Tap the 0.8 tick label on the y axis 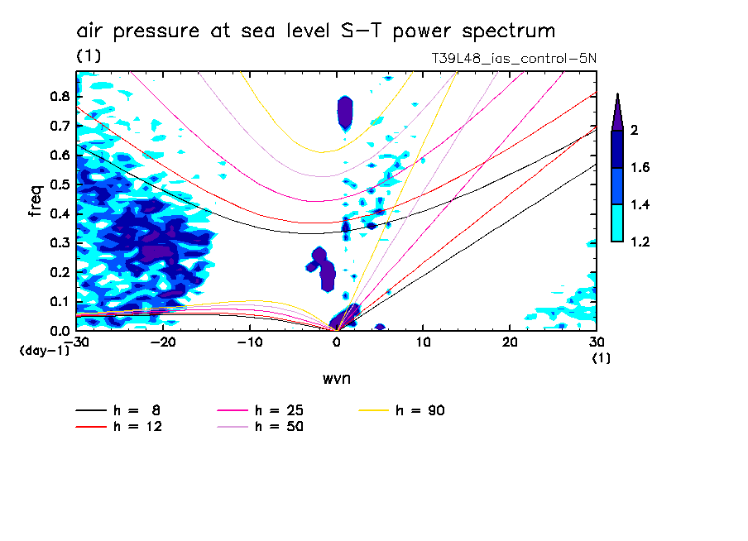[x=58, y=96]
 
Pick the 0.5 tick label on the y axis [x=58, y=184]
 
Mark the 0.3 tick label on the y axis [x=58, y=242]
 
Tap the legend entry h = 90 [x=421, y=410]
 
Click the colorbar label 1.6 [x=640, y=168]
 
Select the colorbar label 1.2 [x=640, y=242]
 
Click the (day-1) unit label [x=45, y=351]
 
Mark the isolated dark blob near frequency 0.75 [x=345, y=112]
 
